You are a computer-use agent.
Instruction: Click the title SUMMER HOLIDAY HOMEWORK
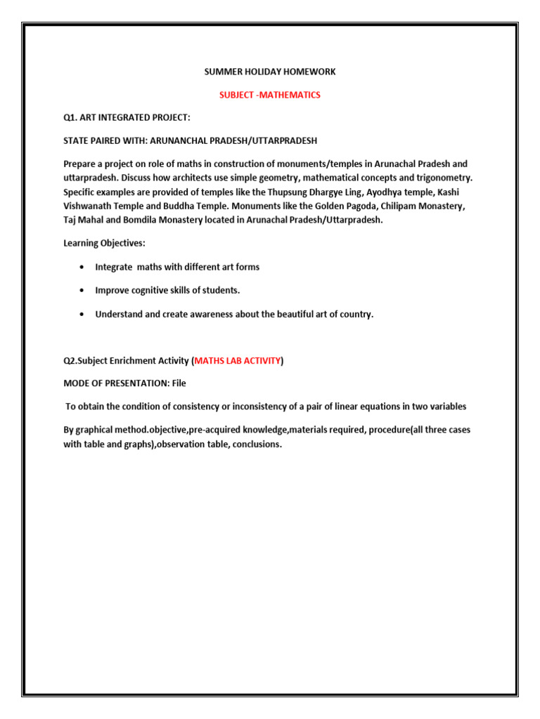pyautogui.click(x=269, y=72)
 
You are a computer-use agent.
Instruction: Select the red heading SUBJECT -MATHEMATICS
pyautogui.click(x=270, y=95)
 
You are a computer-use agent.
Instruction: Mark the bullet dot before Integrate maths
pyautogui.click(x=84, y=268)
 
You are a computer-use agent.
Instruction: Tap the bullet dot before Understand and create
pyautogui.click(x=84, y=315)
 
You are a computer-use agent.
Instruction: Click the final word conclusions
pyautogui.click(x=256, y=444)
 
